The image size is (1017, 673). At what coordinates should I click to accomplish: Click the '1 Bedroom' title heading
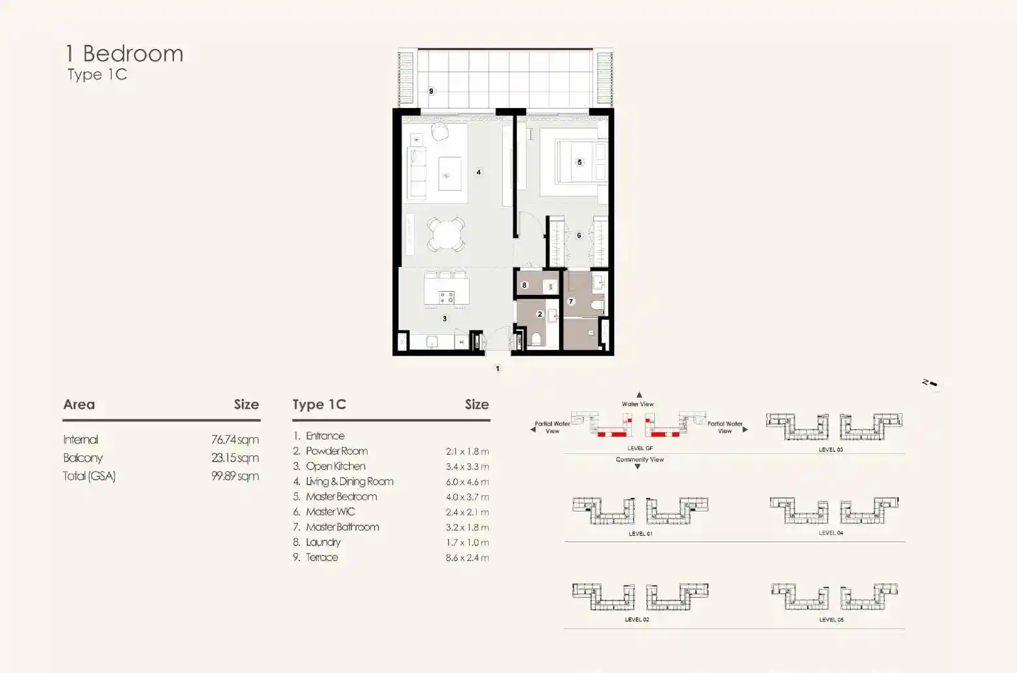[124, 54]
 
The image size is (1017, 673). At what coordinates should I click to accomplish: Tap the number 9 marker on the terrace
[431, 91]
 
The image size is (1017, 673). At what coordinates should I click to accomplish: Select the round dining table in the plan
[446, 234]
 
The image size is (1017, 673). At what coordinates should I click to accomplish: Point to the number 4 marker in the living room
[479, 172]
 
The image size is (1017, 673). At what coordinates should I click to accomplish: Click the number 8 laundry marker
[525, 285]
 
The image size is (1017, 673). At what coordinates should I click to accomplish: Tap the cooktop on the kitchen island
[446, 298]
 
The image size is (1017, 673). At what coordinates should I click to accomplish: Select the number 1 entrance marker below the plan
[498, 368]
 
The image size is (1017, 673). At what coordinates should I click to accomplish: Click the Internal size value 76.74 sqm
[235, 440]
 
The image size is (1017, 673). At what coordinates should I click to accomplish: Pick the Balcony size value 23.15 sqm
[235, 458]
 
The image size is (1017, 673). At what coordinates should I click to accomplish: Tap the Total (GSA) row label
[90, 476]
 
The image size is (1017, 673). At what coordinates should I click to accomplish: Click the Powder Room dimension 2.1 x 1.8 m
[467, 451]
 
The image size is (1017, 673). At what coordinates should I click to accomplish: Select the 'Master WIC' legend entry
[330, 512]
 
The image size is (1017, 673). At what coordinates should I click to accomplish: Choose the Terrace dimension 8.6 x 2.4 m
[467, 558]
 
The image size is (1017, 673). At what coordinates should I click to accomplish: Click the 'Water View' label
[638, 404]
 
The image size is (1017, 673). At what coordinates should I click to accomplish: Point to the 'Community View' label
[640, 460]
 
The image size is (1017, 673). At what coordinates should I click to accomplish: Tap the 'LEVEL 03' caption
[831, 449]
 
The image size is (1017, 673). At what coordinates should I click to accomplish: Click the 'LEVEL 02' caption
[637, 619]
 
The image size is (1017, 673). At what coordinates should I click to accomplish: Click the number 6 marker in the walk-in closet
[579, 235]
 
